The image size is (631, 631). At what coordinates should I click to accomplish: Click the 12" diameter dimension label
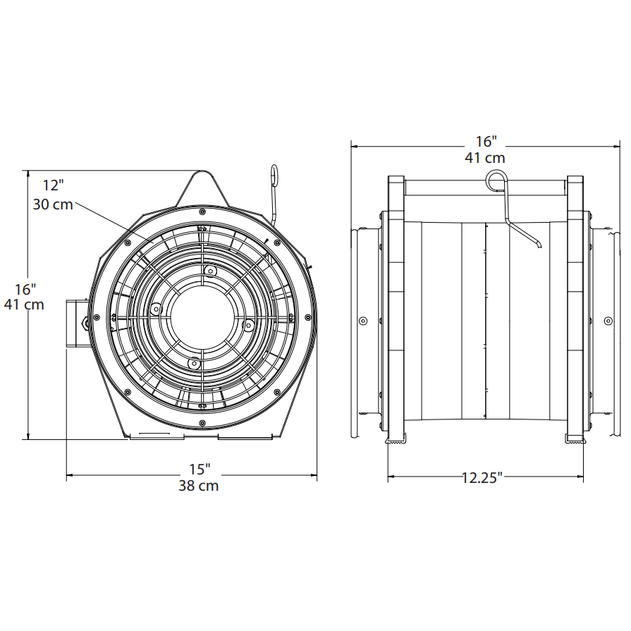(x=53, y=185)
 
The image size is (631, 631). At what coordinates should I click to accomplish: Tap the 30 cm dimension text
(x=53, y=204)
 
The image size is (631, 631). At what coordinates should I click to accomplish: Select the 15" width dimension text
(x=200, y=469)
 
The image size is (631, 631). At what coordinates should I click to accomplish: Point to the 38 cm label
(x=199, y=486)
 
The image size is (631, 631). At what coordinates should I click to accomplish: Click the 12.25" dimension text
(x=482, y=478)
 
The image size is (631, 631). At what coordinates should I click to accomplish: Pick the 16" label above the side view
(x=486, y=141)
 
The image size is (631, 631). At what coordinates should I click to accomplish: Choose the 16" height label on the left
(x=25, y=289)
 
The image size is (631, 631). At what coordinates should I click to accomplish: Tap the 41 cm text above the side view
(x=485, y=158)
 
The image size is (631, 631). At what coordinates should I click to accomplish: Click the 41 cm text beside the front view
(x=24, y=305)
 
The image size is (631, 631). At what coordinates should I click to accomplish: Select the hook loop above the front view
(x=274, y=175)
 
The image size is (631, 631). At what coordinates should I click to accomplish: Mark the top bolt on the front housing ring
(x=202, y=212)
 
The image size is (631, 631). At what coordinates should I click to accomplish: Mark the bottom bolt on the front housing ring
(x=202, y=423)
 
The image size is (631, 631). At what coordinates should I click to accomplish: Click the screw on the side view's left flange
(x=363, y=321)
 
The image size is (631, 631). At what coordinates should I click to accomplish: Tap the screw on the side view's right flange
(x=608, y=321)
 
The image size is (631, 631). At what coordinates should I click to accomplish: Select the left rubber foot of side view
(x=396, y=439)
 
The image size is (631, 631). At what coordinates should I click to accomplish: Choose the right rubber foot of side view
(x=575, y=439)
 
